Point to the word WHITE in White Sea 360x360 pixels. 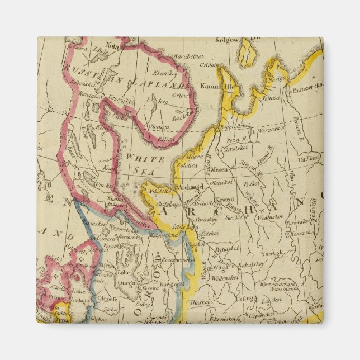(x=137, y=158)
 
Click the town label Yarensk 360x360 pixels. (x=275, y=253)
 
